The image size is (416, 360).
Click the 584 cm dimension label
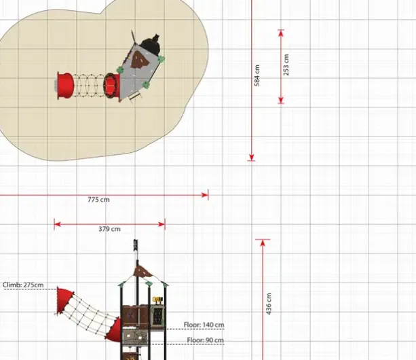tap(257, 75)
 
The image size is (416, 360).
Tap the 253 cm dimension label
tap(286, 65)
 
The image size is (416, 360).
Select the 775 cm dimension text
tap(98, 200)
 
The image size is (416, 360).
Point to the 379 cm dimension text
tap(109, 229)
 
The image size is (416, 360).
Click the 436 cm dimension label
tap(269, 304)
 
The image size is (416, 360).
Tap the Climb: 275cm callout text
tap(23, 285)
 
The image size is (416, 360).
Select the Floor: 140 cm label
tap(204, 325)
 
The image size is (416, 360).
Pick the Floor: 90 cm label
tap(206, 340)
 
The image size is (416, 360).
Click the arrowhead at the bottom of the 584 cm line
tap(252, 157)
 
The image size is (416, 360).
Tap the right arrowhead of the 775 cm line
tap(205, 195)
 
